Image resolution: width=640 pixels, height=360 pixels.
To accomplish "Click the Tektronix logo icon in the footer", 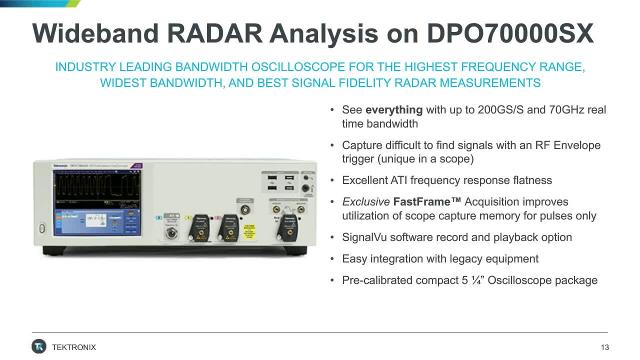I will pyautogui.click(x=39, y=346).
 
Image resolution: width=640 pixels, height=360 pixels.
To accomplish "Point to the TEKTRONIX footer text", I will pyautogui.click(x=77, y=347).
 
